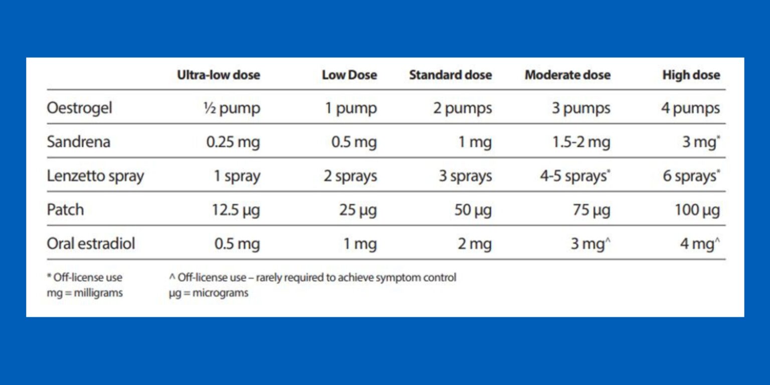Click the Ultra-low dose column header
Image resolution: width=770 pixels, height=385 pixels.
tap(218, 75)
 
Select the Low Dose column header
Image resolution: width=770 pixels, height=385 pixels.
tap(349, 75)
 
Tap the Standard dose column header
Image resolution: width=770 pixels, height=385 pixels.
tap(450, 75)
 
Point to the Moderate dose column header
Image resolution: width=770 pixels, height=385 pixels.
tap(567, 75)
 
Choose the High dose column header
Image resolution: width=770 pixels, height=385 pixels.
tap(691, 75)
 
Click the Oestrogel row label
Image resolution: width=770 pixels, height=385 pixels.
tap(79, 108)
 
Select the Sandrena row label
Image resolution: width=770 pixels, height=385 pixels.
tap(78, 142)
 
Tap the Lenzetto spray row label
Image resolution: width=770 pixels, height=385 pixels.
tap(95, 176)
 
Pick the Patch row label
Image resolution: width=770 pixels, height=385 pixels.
tap(65, 210)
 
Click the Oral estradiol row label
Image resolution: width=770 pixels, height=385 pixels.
tap(91, 244)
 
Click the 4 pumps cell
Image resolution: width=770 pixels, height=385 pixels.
tap(690, 108)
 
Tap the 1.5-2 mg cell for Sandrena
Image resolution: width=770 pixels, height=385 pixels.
tap(582, 142)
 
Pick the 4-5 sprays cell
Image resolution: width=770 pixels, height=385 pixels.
tap(574, 176)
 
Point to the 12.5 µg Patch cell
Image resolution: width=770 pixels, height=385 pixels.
tap(236, 210)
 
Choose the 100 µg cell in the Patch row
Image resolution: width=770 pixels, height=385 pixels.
tap(697, 210)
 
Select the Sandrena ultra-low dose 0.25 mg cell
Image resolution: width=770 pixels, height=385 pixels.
tap(233, 142)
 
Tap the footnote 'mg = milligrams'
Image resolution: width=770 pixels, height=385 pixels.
tap(85, 293)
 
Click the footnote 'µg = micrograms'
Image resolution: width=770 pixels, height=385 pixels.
tap(209, 293)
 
